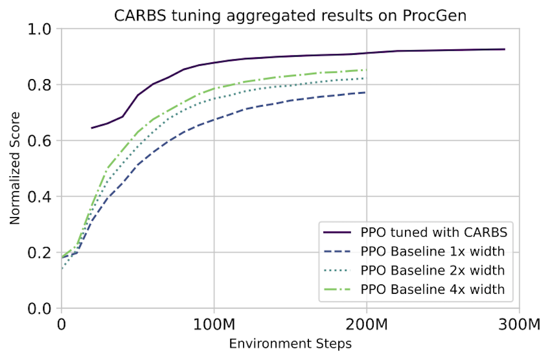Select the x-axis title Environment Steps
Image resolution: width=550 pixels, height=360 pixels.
click(290, 344)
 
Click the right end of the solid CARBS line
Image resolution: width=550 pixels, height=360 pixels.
click(505, 49)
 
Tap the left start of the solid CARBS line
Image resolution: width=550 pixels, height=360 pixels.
click(92, 128)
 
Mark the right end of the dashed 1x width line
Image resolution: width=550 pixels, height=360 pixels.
click(366, 92)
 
